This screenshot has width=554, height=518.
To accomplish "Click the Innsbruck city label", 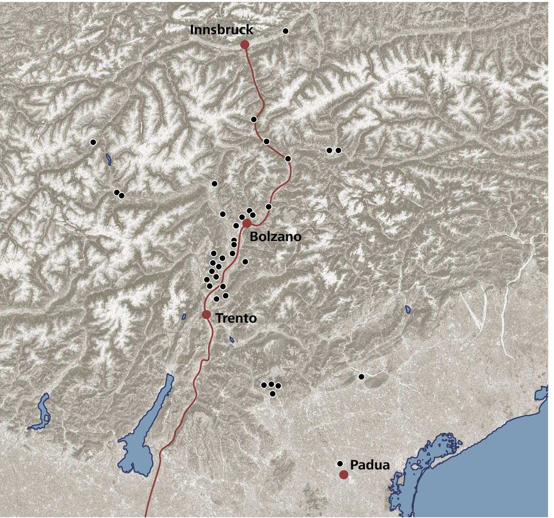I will [221, 30].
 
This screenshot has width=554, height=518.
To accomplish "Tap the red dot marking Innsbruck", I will [245, 45].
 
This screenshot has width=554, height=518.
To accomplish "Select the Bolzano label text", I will [275, 237].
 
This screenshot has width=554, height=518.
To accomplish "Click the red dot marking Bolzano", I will [247, 223].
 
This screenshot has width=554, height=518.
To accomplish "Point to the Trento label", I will [236, 318].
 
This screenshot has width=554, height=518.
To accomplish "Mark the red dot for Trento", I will [206, 315].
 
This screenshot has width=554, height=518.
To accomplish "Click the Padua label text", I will [370, 465].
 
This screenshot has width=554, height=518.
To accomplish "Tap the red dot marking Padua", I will [344, 475].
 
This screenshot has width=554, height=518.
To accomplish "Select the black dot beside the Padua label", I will [340, 463].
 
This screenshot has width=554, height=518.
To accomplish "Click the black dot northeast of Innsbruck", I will [285, 31].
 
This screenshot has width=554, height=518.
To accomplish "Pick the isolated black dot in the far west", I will [93, 142].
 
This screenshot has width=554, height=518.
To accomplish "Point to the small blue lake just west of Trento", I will [184, 317].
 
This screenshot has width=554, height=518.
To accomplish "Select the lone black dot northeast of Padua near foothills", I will [361, 376].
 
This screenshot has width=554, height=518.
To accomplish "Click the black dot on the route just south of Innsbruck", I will [254, 119].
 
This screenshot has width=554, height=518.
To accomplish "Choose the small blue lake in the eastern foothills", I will [408, 309].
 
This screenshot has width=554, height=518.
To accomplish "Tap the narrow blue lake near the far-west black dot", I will [108, 159].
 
